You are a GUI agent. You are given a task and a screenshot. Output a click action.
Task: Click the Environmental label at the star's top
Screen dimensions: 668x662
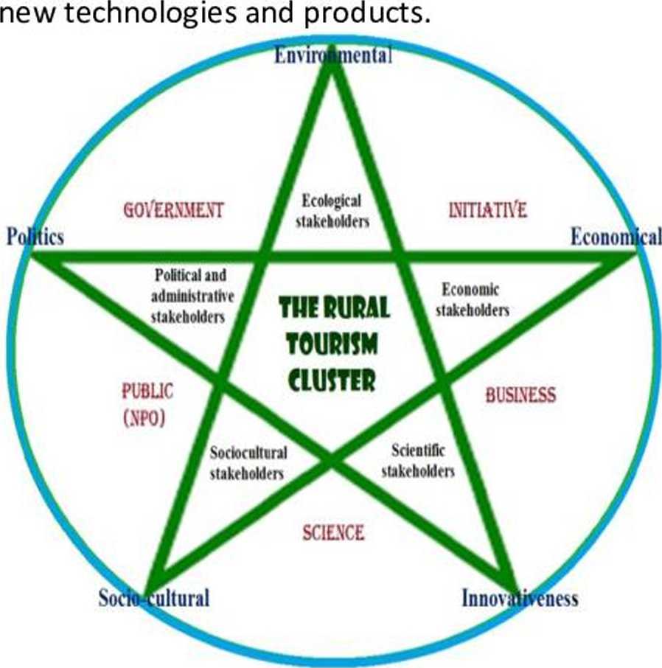pyautogui.click(x=333, y=56)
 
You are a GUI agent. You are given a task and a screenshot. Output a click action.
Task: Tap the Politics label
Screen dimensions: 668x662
pyautogui.click(x=35, y=237)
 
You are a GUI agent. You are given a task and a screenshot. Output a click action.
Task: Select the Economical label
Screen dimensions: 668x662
pyautogui.click(x=616, y=237)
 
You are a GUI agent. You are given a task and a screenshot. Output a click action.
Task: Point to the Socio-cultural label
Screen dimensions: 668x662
pyautogui.click(x=154, y=597)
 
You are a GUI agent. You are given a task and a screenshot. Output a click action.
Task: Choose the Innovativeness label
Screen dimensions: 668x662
pyautogui.click(x=520, y=598)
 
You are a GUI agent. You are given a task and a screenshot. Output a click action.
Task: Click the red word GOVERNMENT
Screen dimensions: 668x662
pyautogui.click(x=173, y=210)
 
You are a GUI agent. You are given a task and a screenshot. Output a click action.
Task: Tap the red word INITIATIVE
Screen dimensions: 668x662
pyautogui.click(x=488, y=210)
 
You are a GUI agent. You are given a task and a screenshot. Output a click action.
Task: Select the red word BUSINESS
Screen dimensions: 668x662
pyautogui.click(x=520, y=395)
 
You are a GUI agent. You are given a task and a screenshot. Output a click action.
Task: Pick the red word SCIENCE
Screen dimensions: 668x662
pyautogui.click(x=333, y=532)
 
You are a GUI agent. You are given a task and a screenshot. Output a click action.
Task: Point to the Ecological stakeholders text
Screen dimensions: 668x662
pyautogui.click(x=332, y=210)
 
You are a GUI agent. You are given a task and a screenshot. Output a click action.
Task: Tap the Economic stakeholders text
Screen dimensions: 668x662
pyautogui.click(x=472, y=299)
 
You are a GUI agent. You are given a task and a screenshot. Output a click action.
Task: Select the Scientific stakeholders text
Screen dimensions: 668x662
pyautogui.click(x=418, y=460)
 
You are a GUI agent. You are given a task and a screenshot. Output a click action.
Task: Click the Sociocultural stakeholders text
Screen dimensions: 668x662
pyautogui.click(x=248, y=463)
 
